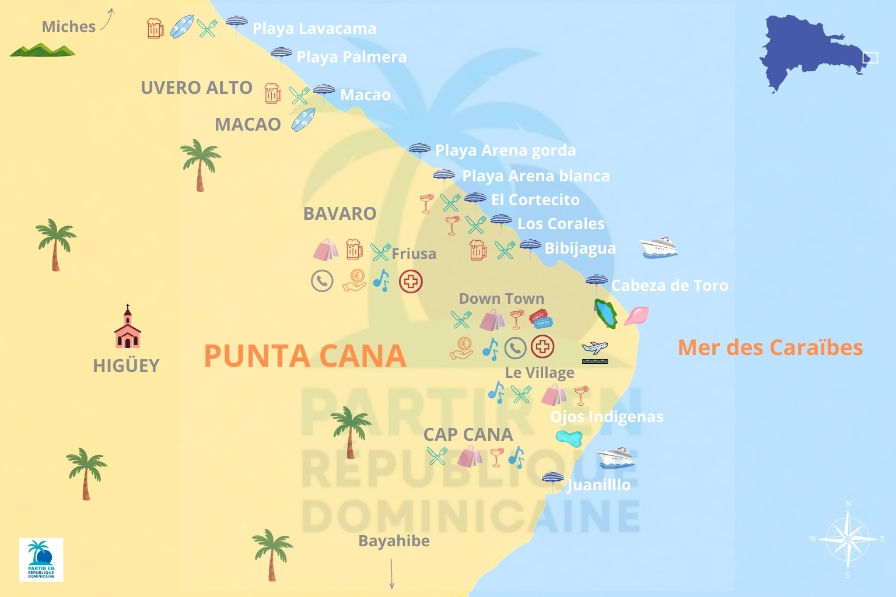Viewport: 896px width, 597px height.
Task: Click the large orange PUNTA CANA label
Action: pos(304,355)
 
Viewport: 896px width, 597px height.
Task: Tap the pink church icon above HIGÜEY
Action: pos(127,328)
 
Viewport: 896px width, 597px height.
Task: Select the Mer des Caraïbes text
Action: pos(769,347)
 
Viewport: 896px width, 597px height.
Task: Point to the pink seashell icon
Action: pos(636,315)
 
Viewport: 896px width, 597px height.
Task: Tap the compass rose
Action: pos(847,539)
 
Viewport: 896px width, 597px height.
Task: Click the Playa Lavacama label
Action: pos(314,29)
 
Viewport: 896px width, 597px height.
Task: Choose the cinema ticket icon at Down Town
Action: pos(541,319)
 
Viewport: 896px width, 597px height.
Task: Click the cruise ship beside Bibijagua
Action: pos(658,247)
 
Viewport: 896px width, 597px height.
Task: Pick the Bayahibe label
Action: pos(394,541)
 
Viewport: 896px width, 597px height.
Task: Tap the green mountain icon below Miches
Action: pos(42,51)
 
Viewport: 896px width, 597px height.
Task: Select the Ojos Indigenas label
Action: pos(607,417)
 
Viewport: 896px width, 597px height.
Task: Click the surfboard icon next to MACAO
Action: pos(303,120)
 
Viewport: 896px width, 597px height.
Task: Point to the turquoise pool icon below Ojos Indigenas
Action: pos(569,437)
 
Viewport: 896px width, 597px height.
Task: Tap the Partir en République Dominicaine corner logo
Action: pos(41,560)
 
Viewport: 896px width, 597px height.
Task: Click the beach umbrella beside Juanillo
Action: pos(552,482)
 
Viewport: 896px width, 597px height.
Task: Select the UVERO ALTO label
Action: pos(197,88)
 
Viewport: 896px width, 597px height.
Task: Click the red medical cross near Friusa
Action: pos(411,282)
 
